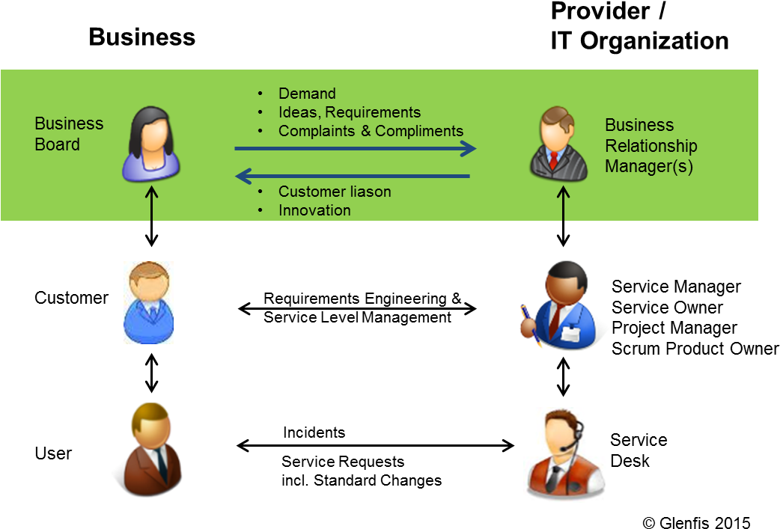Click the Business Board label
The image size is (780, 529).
tap(69, 134)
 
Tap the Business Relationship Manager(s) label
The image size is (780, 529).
tap(650, 146)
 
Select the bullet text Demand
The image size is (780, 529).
tap(307, 94)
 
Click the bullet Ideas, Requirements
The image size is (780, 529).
tap(349, 112)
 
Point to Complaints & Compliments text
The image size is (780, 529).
tap(371, 131)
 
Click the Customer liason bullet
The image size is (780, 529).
tap(334, 192)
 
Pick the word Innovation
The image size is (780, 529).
tap(314, 210)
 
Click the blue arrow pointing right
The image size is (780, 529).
tap(356, 149)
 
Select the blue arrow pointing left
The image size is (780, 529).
tap(352, 177)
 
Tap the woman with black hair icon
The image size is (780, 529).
tap(152, 144)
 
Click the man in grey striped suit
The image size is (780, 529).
tap(555, 145)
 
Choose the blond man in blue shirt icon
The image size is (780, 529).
tap(148, 302)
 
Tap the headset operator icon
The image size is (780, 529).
tap(564, 454)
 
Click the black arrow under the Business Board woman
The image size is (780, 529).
tap(152, 204)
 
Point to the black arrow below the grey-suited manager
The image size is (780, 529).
tap(563, 204)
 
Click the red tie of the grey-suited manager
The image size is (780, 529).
tap(554, 160)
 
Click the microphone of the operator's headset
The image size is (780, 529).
tap(562, 449)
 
